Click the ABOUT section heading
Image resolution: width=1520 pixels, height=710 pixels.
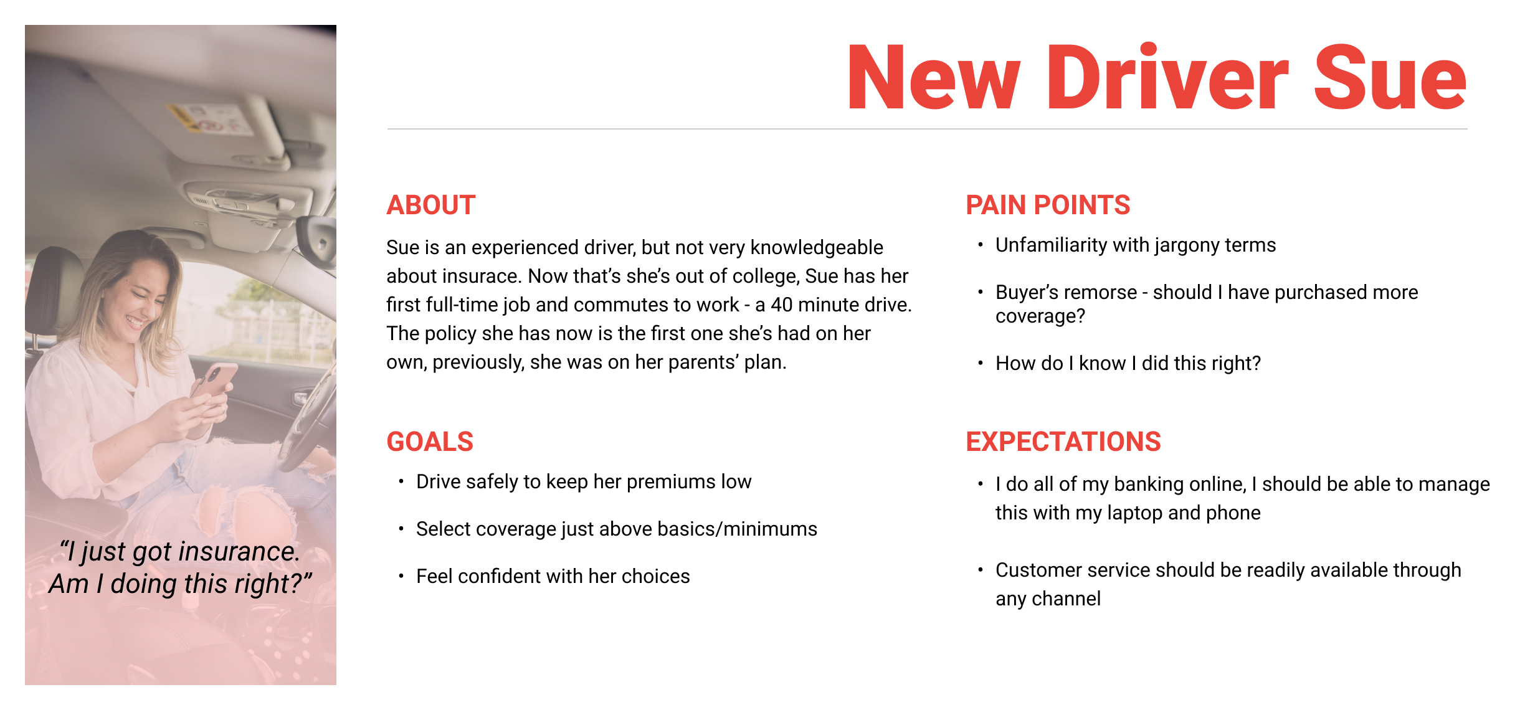[430, 205]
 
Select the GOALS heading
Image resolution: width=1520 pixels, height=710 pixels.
[430, 442]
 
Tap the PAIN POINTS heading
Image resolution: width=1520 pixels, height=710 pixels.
[1048, 205]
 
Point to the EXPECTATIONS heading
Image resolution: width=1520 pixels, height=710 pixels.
[1063, 442]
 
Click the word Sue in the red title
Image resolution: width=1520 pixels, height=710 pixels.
[1390, 77]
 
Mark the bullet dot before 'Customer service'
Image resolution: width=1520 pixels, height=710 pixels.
[981, 569]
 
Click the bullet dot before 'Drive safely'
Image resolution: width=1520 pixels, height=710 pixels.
[401, 481]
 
